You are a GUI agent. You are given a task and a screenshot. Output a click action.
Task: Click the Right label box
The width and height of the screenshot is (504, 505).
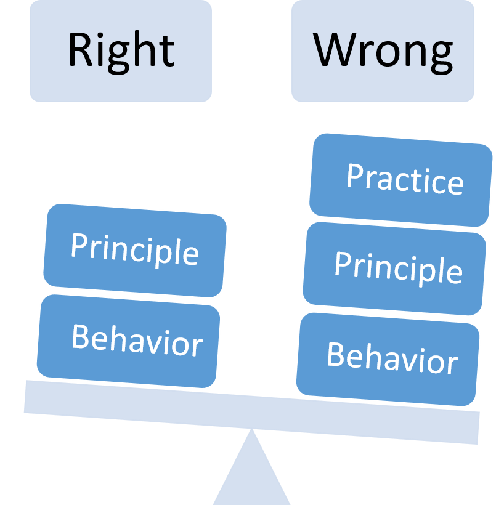[121, 50]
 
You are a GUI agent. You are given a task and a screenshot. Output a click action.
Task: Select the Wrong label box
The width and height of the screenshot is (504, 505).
[383, 50]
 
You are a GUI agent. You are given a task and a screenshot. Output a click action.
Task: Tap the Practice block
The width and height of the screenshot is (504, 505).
[401, 179]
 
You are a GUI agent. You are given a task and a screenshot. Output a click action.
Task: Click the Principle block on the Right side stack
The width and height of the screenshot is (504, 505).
[135, 251]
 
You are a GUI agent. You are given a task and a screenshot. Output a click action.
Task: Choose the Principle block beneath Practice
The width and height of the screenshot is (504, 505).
[394, 268]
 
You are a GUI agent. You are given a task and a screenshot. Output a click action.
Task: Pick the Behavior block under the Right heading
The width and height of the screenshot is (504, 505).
[128, 341]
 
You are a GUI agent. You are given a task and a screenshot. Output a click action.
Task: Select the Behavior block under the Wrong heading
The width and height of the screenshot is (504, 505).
[388, 358]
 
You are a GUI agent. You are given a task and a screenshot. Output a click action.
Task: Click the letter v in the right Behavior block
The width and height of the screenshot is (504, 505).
[410, 360]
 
